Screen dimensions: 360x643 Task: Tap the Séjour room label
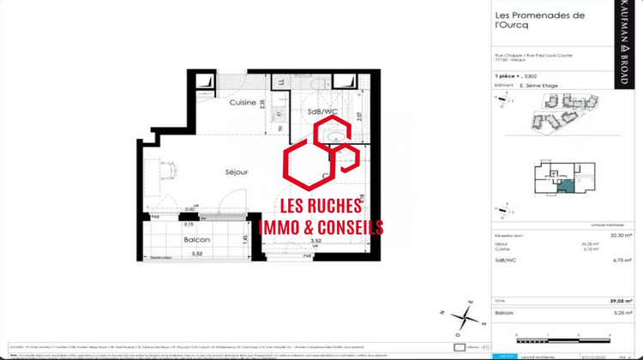237,171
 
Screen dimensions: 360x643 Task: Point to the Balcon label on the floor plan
196,240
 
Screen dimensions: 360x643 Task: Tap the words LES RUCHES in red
321,207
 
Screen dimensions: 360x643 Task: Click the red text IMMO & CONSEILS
321,227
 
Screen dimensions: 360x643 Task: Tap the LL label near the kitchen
282,83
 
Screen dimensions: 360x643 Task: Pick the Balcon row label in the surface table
504,314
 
